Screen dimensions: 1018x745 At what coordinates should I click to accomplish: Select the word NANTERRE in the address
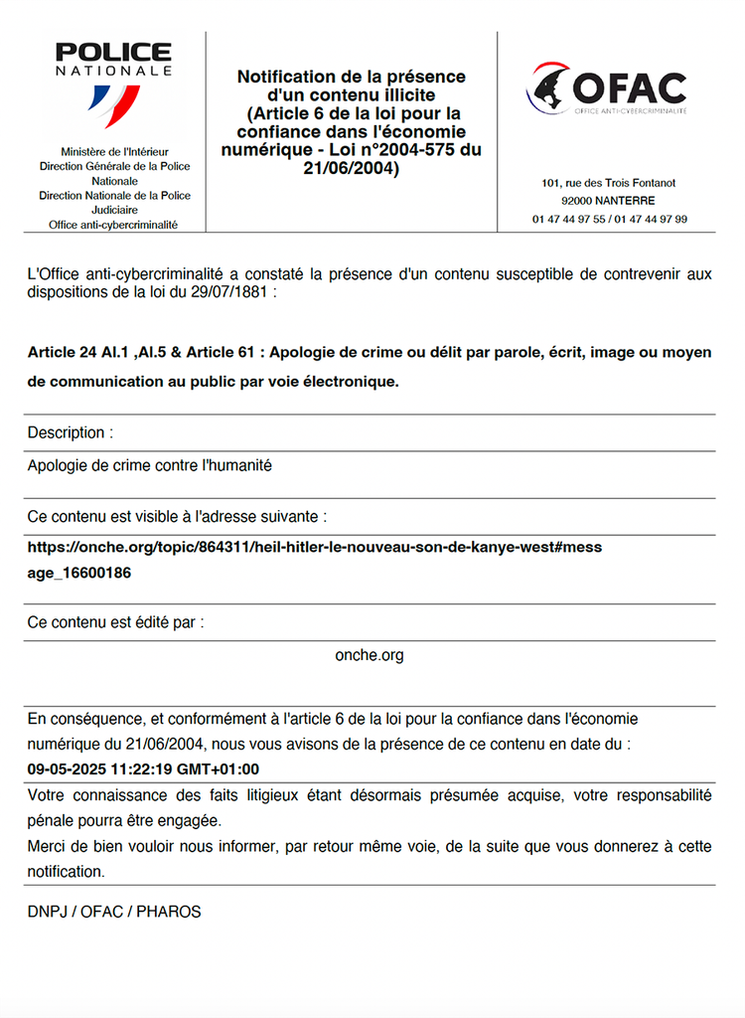click(627, 201)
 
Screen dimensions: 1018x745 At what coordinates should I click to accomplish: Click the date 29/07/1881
click(231, 293)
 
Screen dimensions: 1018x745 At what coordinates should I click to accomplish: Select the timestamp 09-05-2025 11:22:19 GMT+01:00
click(143, 768)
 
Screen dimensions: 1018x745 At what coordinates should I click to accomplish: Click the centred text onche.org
click(370, 655)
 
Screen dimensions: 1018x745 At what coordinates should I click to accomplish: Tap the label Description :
click(71, 432)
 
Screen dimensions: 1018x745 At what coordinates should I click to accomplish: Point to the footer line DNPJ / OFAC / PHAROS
click(114, 911)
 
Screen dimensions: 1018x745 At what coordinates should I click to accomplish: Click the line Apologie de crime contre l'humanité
click(149, 465)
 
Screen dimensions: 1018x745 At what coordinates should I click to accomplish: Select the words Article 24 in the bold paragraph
click(63, 353)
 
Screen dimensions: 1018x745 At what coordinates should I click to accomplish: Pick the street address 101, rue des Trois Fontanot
click(609, 184)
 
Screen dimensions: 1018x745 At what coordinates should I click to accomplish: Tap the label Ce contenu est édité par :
click(115, 622)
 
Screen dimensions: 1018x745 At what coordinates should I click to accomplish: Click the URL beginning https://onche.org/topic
click(314, 547)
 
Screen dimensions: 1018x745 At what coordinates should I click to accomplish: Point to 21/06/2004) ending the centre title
click(351, 168)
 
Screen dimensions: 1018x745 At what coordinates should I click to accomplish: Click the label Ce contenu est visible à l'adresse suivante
click(177, 517)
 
